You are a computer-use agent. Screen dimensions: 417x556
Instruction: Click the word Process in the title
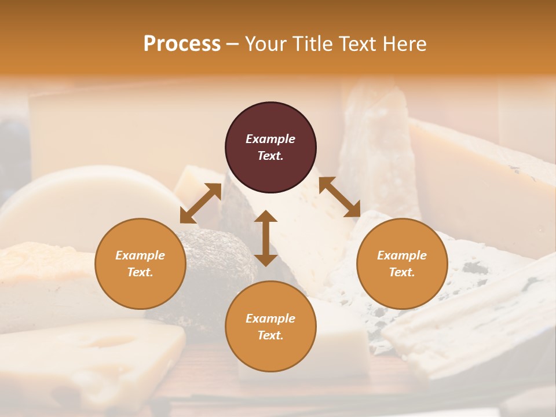(x=182, y=44)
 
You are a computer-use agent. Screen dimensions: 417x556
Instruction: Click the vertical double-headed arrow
(x=266, y=238)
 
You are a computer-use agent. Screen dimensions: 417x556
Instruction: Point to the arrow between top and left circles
(x=201, y=203)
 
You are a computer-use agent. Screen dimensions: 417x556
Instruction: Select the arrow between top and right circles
(x=339, y=197)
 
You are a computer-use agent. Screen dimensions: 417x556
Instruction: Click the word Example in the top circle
(x=270, y=139)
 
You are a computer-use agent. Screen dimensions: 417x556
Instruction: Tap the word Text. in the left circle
(x=140, y=272)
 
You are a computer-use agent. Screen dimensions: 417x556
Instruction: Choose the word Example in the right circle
(x=402, y=255)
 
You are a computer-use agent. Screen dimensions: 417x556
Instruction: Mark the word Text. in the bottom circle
(x=270, y=335)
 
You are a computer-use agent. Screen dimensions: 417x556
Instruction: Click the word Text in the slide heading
(x=354, y=44)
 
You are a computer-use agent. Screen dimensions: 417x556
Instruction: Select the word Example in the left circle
(x=140, y=255)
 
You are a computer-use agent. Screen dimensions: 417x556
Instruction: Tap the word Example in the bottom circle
(x=270, y=319)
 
